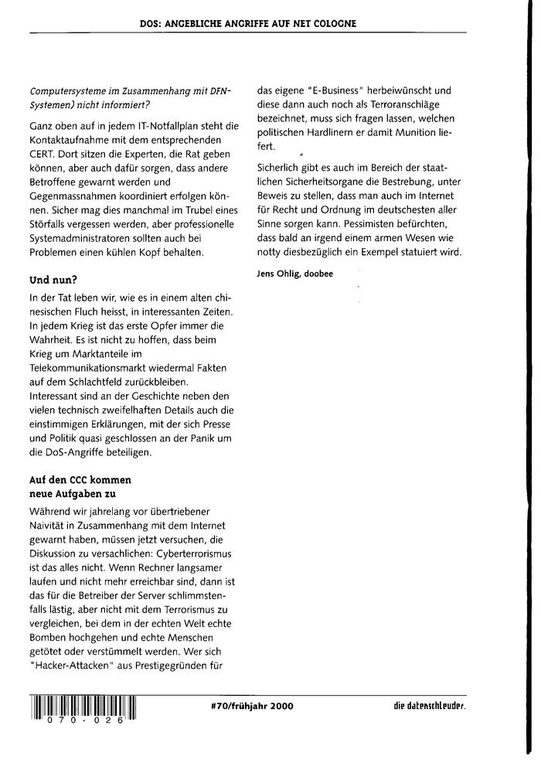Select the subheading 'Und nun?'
(x=51, y=278)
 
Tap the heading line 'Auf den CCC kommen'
(x=74, y=480)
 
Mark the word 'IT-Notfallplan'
(x=146, y=125)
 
